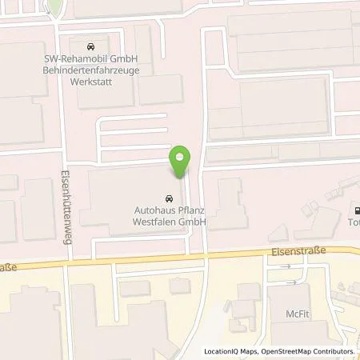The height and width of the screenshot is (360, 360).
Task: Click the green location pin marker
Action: tap(180, 160)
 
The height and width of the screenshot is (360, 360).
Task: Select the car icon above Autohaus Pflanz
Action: tap(169, 198)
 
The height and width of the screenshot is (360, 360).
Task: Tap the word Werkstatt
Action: tap(89, 82)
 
